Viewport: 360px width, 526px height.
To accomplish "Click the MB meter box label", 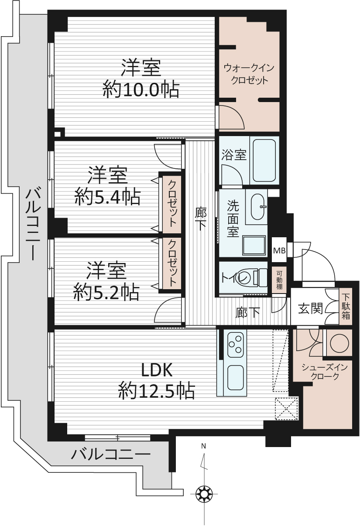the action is click(x=279, y=250).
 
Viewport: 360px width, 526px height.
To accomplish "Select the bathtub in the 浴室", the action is click(x=264, y=161).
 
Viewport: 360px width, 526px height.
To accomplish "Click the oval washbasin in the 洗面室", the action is click(x=258, y=207).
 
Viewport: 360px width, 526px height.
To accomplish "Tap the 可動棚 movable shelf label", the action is click(x=279, y=280).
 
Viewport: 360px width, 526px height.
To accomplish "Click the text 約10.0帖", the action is click(x=141, y=89).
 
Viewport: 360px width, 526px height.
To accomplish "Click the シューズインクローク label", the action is click(x=325, y=372).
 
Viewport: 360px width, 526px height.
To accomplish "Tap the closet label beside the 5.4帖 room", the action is click(x=172, y=203).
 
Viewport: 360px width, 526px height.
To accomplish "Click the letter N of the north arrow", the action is click(x=203, y=446).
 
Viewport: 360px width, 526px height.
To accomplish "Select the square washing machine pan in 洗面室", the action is click(x=254, y=246).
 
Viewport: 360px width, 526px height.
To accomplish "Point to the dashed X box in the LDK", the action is click(x=287, y=409).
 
